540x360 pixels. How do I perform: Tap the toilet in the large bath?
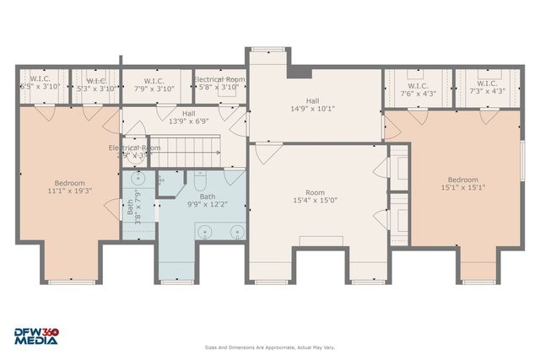click(x=200, y=180)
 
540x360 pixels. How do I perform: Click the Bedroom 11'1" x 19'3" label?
click(x=69, y=187)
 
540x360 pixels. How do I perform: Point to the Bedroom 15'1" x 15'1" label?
click(x=462, y=184)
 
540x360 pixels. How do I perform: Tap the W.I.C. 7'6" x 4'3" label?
click(x=418, y=89)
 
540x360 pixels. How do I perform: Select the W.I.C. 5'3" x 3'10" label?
click(x=94, y=84)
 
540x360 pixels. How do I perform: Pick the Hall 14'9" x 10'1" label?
click(x=312, y=104)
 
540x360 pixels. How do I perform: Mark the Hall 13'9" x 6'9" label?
click(x=189, y=117)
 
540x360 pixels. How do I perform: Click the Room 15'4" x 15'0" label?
click(x=315, y=196)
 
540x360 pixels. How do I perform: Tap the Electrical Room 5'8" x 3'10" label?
click(x=219, y=83)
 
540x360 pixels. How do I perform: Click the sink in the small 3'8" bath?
click(x=139, y=180)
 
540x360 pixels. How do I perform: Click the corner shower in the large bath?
click(x=235, y=179)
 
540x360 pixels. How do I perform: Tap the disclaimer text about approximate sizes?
click(x=269, y=347)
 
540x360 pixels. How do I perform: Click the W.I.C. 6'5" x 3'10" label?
click(x=39, y=84)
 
